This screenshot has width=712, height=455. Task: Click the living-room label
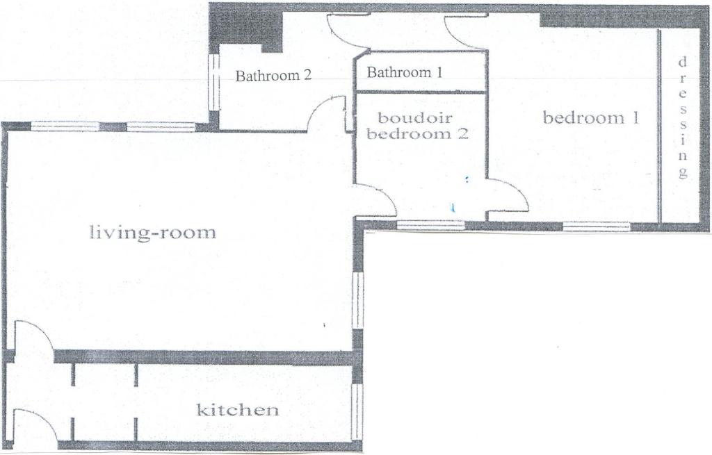point(153,233)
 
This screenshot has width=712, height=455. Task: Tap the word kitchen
point(237,410)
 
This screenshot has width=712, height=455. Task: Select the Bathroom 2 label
point(273,75)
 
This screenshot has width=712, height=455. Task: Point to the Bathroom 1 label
point(404,72)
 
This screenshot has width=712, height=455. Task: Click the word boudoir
point(415,118)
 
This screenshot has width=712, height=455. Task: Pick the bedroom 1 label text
point(591,118)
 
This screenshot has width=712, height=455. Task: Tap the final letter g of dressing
point(682,172)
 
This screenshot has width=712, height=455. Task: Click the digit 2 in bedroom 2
point(462,133)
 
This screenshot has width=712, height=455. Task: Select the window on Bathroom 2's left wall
point(213,83)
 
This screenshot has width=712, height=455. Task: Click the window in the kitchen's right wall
point(358,406)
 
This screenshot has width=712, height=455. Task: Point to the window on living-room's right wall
point(358,300)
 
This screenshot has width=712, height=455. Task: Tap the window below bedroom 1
point(596,226)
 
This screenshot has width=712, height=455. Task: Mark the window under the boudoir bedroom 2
point(430,224)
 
